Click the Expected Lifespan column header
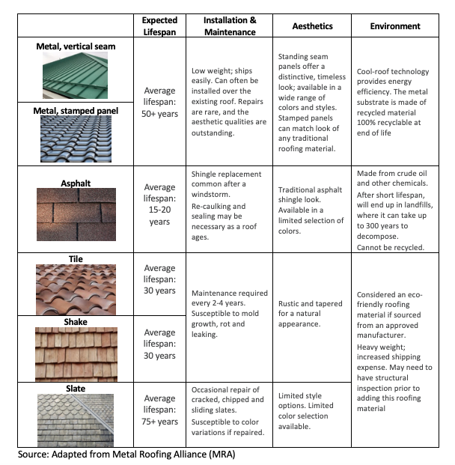tap(159, 25)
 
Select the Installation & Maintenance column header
tap(230, 25)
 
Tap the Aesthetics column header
tap(312, 25)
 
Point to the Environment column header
tap(395, 25)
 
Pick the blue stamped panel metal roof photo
tap(75, 137)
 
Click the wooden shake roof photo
tap(75, 353)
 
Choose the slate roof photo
tap(75, 419)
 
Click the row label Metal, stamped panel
tap(75, 111)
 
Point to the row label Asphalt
tap(75, 182)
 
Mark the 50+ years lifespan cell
tap(159, 103)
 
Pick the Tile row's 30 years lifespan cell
tap(159, 279)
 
